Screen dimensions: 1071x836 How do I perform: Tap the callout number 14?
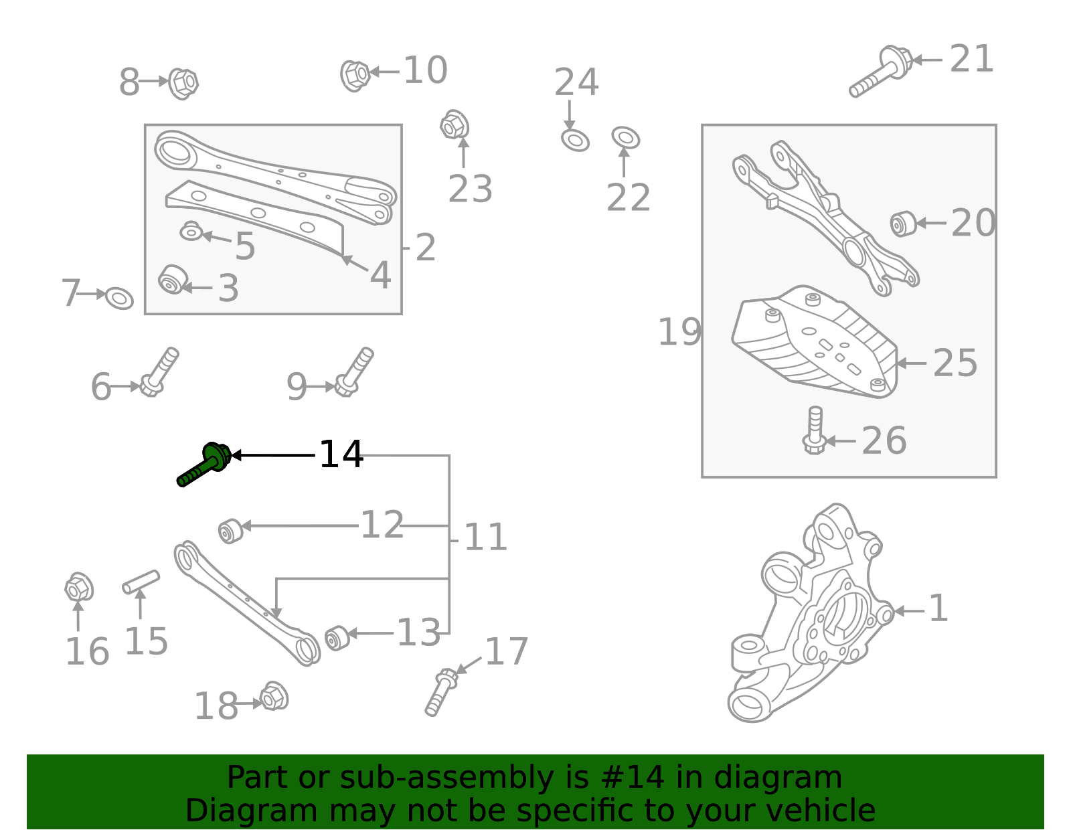341,454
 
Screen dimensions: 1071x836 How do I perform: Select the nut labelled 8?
183,83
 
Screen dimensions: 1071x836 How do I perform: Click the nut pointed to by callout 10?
355,76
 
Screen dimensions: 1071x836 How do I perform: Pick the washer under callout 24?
575,141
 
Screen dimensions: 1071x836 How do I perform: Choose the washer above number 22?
625,137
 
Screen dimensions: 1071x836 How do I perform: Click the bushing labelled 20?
903,224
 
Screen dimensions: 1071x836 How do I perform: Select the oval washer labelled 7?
119,298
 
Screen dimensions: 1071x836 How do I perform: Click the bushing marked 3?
173,279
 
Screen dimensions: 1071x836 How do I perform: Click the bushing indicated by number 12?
231,531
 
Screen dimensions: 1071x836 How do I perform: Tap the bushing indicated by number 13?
337,638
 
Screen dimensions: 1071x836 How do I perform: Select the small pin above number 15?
141,582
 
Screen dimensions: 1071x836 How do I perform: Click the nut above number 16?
79,587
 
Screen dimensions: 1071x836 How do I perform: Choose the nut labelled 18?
274,696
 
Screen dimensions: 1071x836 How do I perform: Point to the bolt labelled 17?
442,691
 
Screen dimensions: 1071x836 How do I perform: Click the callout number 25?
955,363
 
